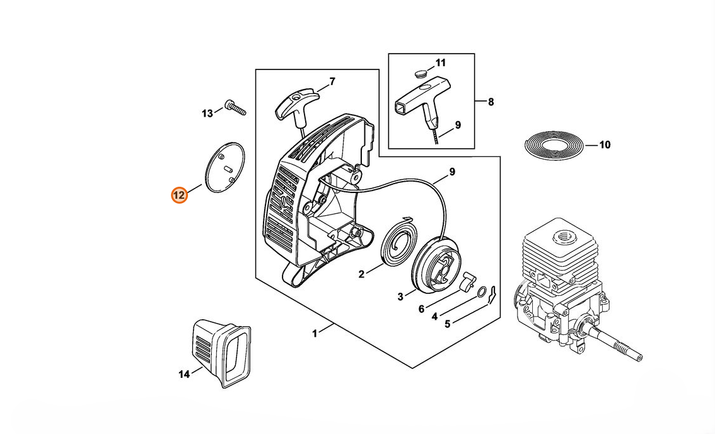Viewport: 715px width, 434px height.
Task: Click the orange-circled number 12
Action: [x=179, y=195]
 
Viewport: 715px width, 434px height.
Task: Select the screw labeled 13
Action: [x=235, y=108]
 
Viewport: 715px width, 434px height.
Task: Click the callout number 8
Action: [x=491, y=102]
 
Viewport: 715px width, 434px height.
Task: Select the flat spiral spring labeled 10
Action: [x=554, y=145]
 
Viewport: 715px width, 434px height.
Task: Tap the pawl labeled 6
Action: [x=468, y=281]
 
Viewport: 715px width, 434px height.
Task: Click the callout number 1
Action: [x=315, y=334]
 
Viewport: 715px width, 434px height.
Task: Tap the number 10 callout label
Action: [x=605, y=145]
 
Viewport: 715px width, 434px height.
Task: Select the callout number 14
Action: [x=183, y=374]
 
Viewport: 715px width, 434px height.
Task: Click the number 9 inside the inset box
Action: [x=458, y=125]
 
